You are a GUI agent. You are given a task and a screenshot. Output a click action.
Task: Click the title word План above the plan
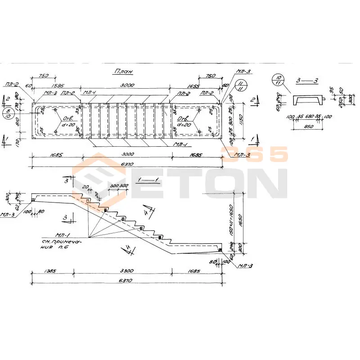124,72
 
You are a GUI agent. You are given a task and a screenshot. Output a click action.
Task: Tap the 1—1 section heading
148,180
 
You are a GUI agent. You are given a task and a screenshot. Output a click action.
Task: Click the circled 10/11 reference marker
278,81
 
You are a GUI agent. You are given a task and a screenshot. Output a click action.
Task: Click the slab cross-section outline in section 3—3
308,100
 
